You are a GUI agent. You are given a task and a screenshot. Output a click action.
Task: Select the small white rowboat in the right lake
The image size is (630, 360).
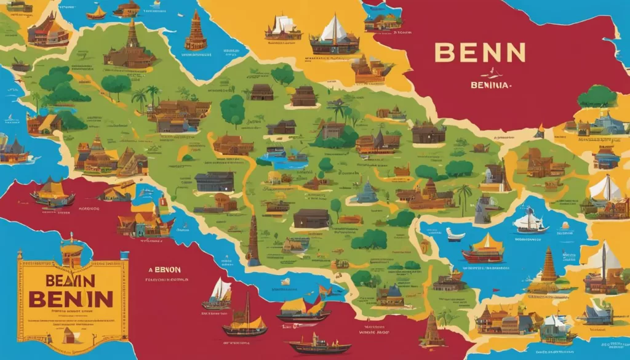click(x=455, y=235)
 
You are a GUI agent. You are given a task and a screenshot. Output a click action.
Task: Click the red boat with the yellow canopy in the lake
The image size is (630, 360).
click(x=483, y=249)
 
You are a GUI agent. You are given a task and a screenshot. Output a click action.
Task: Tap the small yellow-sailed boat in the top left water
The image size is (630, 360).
click(x=96, y=12)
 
